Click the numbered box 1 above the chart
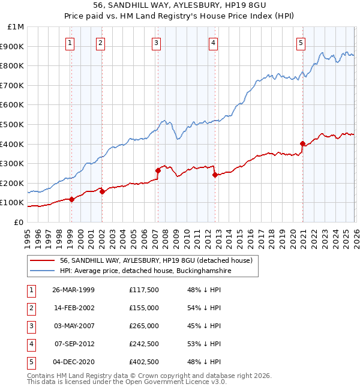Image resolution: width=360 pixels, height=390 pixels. click(71, 43)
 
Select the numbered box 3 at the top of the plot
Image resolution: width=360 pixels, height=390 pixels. click(156, 43)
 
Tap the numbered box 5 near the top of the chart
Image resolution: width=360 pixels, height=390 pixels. click(301, 43)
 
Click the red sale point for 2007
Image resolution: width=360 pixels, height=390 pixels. click(158, 170)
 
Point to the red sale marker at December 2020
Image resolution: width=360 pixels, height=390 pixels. click(302, 143)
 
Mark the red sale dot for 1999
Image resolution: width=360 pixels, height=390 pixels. click(71, 199)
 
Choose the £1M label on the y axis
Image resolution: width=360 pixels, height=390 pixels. click(16, 27)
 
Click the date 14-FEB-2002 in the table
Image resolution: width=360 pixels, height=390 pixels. click(73, 307)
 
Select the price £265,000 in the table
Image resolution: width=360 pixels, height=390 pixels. click(143, 325)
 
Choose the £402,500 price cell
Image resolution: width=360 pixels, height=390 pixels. click(143, 361)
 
